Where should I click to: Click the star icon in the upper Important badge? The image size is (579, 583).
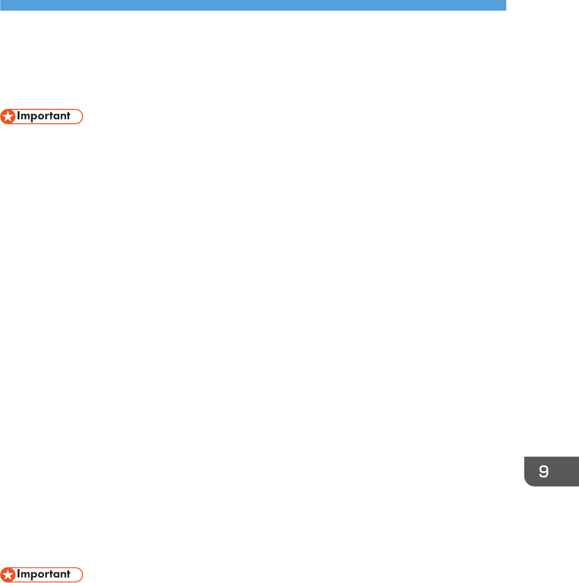pos(8,116)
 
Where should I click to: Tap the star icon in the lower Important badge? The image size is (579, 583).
pos(8,574)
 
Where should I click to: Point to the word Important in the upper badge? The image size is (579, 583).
pos(43,116)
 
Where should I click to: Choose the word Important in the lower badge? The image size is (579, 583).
pos(43,574)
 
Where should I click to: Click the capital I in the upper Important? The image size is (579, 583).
pos(19,116)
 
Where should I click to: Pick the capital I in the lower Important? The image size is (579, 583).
pos(19,574)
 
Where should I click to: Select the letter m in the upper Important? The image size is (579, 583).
pos(25,117)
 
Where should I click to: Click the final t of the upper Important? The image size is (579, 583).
pos(68,116)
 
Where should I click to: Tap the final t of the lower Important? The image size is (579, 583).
pos(68,574)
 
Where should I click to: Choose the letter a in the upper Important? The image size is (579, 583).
pos(55,117)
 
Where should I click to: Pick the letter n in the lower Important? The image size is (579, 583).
pos(62,574)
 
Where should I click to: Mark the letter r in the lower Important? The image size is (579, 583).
pos(47,574)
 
